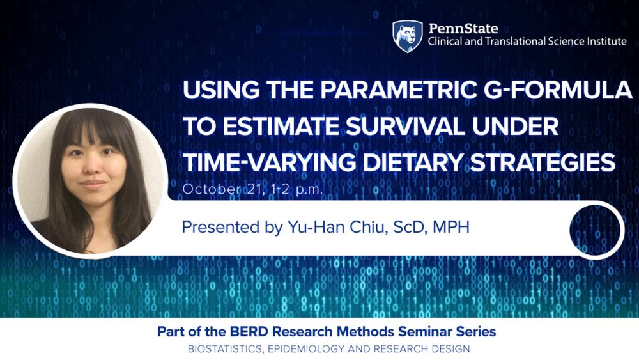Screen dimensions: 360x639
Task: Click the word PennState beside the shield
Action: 463,28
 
